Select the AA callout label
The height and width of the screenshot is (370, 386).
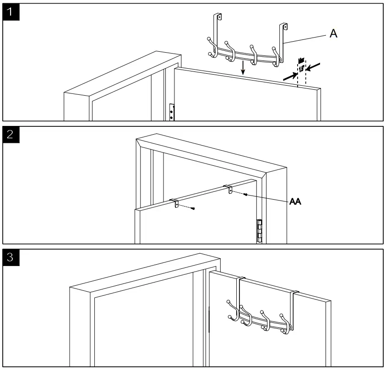click(295, 201)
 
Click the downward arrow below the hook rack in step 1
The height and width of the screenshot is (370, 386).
click(243, 68)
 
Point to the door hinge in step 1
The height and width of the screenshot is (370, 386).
click(172, 112)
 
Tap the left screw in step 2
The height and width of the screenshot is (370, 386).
click(194, 209)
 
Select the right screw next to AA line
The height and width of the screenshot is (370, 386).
click(246, 195)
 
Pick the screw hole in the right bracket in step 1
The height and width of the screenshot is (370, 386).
click(285, 27)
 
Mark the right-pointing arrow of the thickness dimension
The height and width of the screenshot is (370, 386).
click(288, 78)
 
